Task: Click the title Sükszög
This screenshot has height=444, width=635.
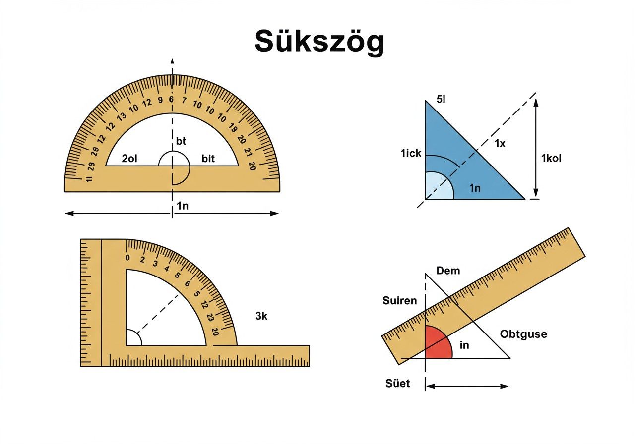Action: (319, 41)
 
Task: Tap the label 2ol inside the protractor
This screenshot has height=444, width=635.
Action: (129, 158)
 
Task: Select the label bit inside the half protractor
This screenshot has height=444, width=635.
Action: (208, 158)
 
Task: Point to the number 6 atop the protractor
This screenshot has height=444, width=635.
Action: (171, 100)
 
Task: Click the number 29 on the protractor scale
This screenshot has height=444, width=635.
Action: (91, 166)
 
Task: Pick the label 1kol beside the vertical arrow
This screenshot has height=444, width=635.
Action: (551, 158)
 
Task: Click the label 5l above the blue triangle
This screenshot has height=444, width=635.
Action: (441, 99)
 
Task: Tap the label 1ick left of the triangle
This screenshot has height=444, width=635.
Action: (411, 153)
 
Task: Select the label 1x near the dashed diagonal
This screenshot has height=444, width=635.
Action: (500, 143)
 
